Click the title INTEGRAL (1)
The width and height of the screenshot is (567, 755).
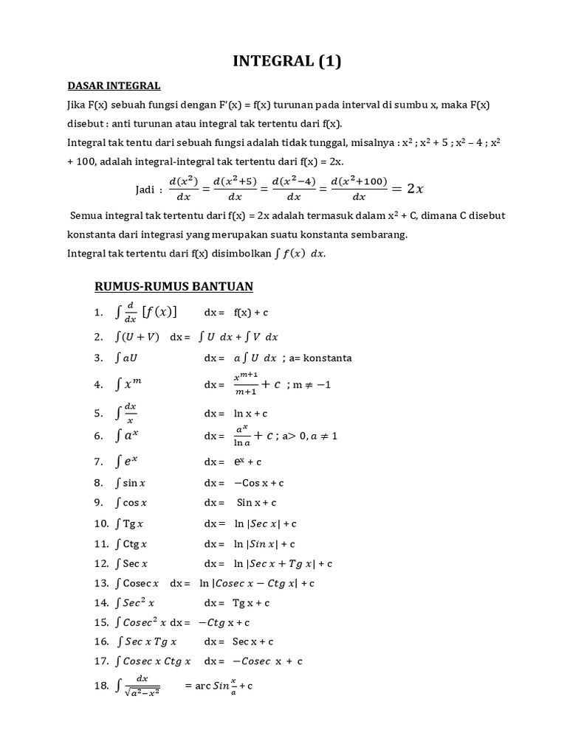(x=287, y=62)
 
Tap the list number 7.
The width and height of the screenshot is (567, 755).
(x=97, y=462)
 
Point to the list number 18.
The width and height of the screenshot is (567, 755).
(x=101, y=686)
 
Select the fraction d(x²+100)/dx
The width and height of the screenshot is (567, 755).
(x=360, y=189)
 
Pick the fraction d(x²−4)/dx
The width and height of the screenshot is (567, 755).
(x=294, y=189)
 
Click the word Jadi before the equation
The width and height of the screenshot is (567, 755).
(x=147, y=189)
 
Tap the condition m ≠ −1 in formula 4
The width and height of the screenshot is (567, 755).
(x=309, y=385)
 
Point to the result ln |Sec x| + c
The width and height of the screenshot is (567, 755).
(x=265, y=523)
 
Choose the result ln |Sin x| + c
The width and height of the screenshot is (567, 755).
(x=264, y=544)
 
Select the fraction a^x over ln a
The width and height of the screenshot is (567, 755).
(x=242, y=435)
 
